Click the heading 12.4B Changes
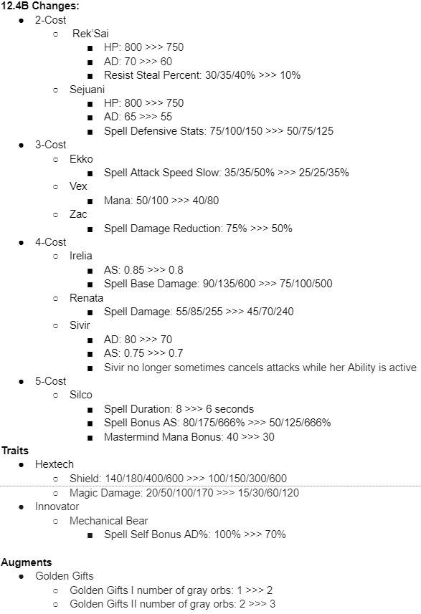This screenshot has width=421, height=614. tap(40, 6)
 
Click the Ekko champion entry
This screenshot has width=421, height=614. tap(81, 158)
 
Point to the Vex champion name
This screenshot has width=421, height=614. tap(78, 186)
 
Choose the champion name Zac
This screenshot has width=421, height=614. tap(78, 214)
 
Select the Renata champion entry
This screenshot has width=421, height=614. tap(86, 297)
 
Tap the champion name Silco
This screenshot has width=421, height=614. tap(81, 395)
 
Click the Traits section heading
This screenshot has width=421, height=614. tap(15, 451)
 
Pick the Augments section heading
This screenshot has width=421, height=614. tap(26, 562)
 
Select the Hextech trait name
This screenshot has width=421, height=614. tap(55, 464)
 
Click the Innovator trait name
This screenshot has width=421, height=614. tap(57, 507)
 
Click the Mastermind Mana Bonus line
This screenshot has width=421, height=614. tap(189, 436)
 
